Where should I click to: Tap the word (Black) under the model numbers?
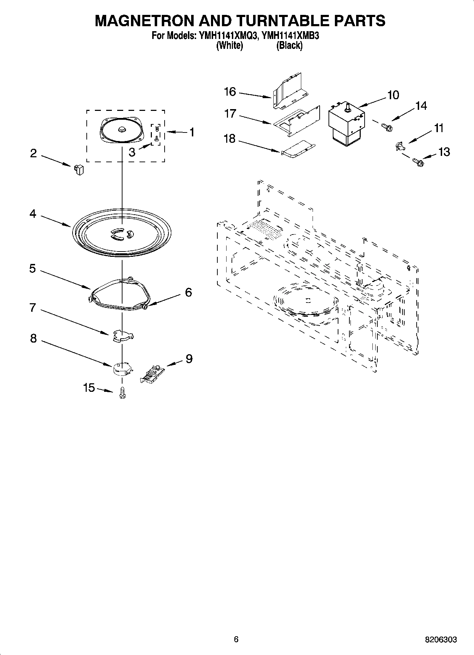coord(289,45)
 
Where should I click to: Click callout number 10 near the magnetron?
coord(393,95)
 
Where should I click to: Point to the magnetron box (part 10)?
coord(346,122)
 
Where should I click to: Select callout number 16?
coord(230,92)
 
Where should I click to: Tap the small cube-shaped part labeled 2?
coord(79,170)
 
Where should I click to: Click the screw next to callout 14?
coord(387,126)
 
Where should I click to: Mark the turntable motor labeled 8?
coord(122,368)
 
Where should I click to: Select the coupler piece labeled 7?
coord(122,335)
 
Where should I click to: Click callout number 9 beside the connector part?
coord(189,359)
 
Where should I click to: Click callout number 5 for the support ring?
coord(32,269)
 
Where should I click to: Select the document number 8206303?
coord(441,639)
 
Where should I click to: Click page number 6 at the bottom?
coord(236,639)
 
